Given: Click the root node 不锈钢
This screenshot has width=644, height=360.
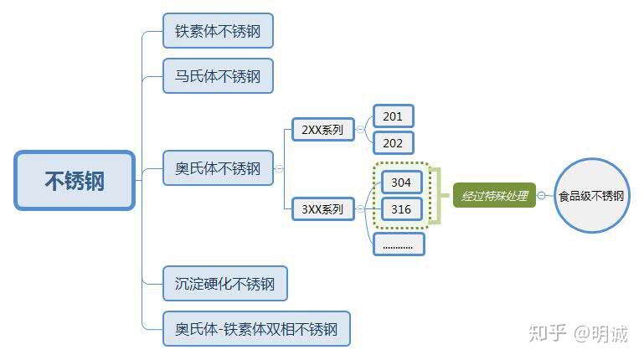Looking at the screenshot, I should click(x=75, y=180).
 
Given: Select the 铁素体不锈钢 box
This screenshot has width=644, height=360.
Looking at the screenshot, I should click(x=218, y=31).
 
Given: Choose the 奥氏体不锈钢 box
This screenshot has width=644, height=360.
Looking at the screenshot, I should click(x=218, y=168).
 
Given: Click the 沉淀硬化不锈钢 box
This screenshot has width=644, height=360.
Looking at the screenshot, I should click(x=224, y=284).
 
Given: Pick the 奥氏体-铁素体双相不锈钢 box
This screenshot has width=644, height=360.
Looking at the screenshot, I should click(x=255, y=328).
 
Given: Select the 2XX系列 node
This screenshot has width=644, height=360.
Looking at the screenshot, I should click(x=322, y=129).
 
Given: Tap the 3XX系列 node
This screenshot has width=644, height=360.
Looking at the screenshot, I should click(x=322, y=209).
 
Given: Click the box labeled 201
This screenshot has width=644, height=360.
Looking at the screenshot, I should click(x=393, y=116).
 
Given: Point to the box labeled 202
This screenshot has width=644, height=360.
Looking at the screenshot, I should click(x=393, y=142).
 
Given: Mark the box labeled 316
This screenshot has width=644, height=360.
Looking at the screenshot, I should click(x=401, y=209).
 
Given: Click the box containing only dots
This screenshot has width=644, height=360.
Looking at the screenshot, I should click(x=398, y=244).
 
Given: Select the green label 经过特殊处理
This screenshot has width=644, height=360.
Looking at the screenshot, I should click(x=494, y=196).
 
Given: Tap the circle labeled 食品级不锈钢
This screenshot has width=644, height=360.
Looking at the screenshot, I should click(x=591, y=196).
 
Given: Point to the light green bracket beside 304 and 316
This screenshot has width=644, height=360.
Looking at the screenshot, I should click(x=435, y=196).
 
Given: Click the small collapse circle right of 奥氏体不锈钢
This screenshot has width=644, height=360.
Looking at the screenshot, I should click(x=279, y=169).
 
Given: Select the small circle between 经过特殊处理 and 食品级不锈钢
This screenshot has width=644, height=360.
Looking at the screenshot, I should click(x=541, y=196).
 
